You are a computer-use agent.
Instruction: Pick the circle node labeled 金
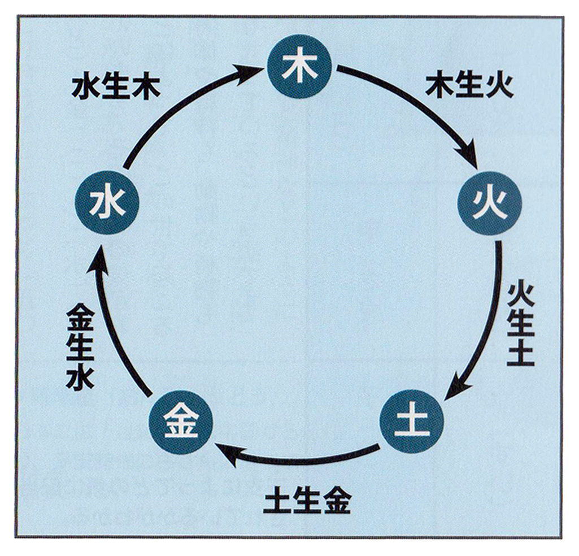[x=181, y=421]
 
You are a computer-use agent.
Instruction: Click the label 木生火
[x=469, y=87]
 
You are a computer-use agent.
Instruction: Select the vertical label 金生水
[x=80, y=347]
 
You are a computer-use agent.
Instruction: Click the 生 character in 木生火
[x=469, y=87]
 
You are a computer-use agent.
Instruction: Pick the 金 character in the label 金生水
[x=80, y=317]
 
